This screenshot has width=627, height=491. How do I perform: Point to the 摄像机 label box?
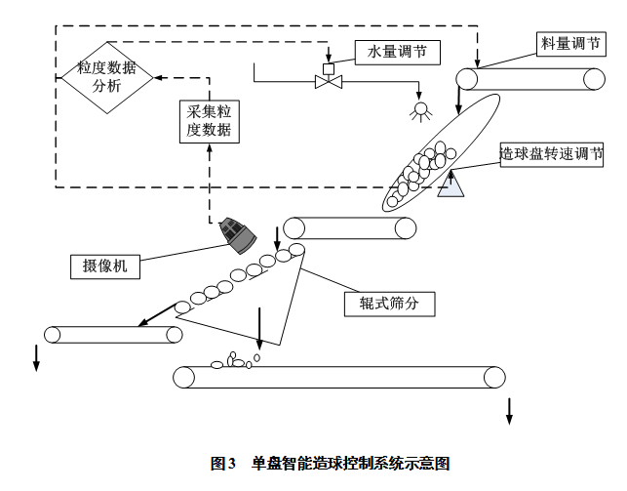pos(106,266)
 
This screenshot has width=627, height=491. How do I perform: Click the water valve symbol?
pos(328,83)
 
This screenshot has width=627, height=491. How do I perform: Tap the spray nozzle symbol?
pos(421,109)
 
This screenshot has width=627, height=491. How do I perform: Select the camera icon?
pos(237,233)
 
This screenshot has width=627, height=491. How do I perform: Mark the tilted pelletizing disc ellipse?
pos(438,152)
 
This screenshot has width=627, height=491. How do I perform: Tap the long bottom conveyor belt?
pos(339,377)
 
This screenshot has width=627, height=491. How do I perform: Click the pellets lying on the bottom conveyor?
pos(235,361)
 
